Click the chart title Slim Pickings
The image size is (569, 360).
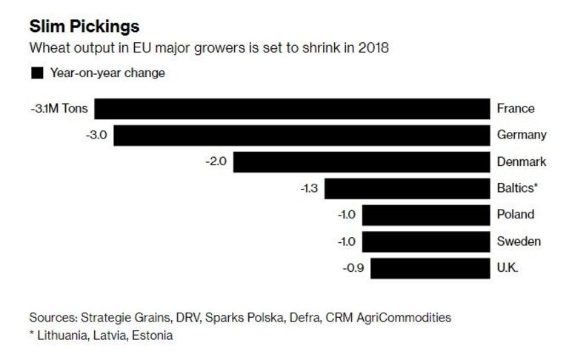point(84,27)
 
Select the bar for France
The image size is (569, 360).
point(292,109)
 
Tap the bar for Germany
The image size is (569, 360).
point(302,136)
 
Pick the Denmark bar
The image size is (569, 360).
point(362,162)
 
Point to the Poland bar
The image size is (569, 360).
point(426,215)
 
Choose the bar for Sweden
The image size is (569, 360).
point(426,241)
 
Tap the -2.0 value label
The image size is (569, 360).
point(216,162)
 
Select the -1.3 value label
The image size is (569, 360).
point(309,189)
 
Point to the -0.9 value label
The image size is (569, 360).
point(354,268)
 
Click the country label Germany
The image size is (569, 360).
point(522,136)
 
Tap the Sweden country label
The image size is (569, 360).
point(519,241)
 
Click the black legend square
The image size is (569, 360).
point(36,73)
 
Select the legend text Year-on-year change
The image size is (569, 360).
point(107,73)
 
